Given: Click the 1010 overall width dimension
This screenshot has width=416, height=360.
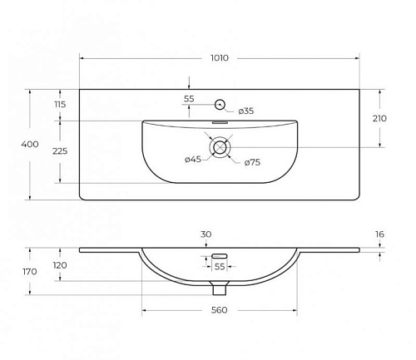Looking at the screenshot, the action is pyautogui.click(x=220, y=58).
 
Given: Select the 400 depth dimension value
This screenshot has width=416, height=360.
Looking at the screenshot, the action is pyautogui.click(x=30, y=144).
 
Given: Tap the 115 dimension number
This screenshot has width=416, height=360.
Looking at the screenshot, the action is pyautogui.click(x=60, y=105).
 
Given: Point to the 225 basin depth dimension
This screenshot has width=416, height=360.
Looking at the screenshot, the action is pyautogui.click(x=60, y=151).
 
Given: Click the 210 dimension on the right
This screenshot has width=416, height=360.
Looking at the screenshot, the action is pyautogui.click(x=379, y=119).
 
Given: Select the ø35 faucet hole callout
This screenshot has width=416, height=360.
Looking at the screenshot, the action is pyautogui.click(x=246, y=111).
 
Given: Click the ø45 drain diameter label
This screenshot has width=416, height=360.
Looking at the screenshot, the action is pyautogui.click(x=193, y=160).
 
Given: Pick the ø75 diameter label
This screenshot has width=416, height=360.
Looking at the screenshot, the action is pyautogui.click(x=252, y=162).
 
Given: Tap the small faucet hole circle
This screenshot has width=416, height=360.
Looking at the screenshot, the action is pyautogui.click(x=220, y=105).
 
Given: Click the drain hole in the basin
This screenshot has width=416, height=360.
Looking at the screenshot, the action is pyautogui.click(x=220, y=147).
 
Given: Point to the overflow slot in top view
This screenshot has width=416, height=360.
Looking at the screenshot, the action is pyautogui.click(x=220, y=122).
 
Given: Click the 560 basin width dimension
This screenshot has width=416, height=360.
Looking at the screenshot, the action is pyautogui.click(x=219, y=310).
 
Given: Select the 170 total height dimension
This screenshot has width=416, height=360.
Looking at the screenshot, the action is pyautogui.click(x=30, y=271).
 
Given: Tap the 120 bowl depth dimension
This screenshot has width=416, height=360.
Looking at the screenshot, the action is pyautogui.click(x=60, y=265).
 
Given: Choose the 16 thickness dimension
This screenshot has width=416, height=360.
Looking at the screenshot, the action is pyautogui.click(x=379, y=234).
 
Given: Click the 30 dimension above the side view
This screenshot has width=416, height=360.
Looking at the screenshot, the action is pyautogui.click(x=206, y=234).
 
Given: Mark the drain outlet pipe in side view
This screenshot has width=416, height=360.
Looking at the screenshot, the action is pyautogui.click(x=220, y=288).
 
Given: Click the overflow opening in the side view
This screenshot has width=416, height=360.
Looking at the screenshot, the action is pyautogui.click(x=220, y=256).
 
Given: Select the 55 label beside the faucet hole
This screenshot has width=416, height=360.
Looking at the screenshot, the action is pyautogui.click(x=189, y=99).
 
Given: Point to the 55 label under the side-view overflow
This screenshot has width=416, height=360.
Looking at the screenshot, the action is pyautogui.click(x=220, y=267).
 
